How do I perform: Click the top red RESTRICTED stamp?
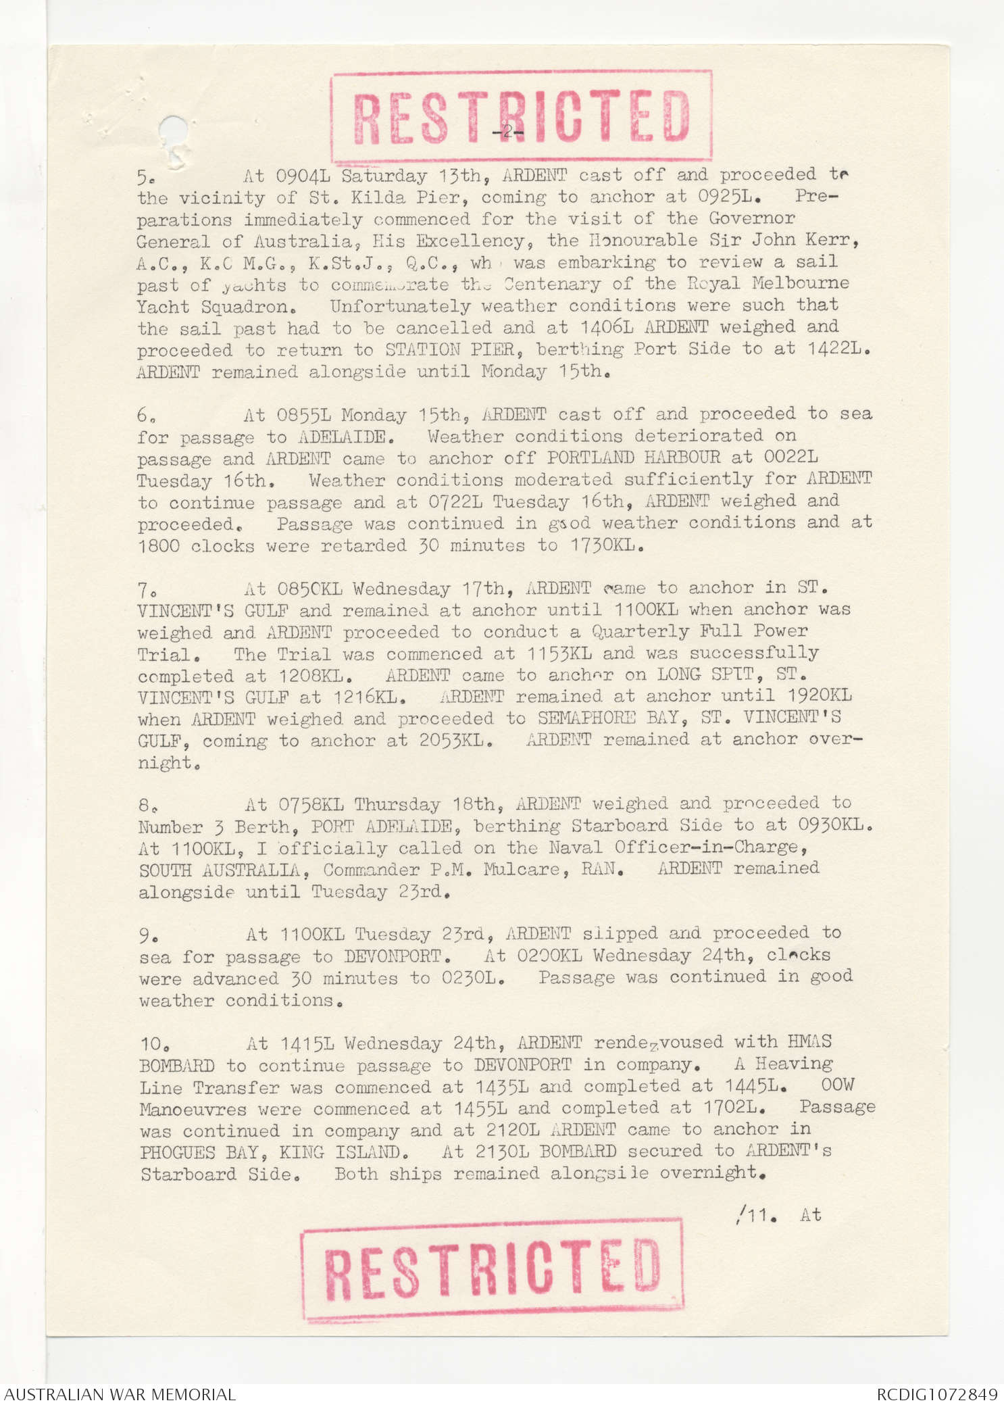tap(521, 116)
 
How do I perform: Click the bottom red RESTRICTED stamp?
tap(492, 1270)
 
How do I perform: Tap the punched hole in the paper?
tap(172, 130)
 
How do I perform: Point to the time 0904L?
tap(303, 176)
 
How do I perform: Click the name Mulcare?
tap(521, 869)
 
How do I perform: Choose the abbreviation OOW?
tap(837, 1085)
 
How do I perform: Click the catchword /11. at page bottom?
tap(755, 1215)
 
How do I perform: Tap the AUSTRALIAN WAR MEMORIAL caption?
tap(120, 1394)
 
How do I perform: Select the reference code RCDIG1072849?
tap(936, 1394)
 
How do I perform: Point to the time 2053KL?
tap(451, 740)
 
